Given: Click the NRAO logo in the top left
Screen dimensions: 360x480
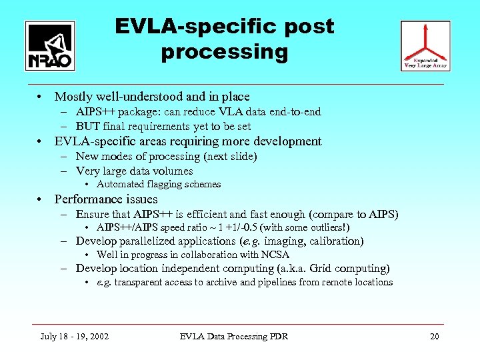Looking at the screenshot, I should [x=50, y=45].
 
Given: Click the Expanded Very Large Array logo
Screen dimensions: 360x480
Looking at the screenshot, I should [x=425, y=45].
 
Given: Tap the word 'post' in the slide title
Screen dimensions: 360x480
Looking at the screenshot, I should [x=307, y=27].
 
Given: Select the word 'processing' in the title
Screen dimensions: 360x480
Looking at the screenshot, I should [x=224, y=51].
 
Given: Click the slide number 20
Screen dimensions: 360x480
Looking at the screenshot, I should [x=434, y=336].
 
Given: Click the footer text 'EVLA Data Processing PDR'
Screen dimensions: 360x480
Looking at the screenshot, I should [x=234, y=336].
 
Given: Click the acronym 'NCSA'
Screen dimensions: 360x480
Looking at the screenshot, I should [x=275, y=255].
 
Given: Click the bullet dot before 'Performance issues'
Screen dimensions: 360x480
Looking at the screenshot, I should [x=41, y=199].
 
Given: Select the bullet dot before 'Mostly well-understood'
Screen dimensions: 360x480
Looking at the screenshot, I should [x=41, y=97].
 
